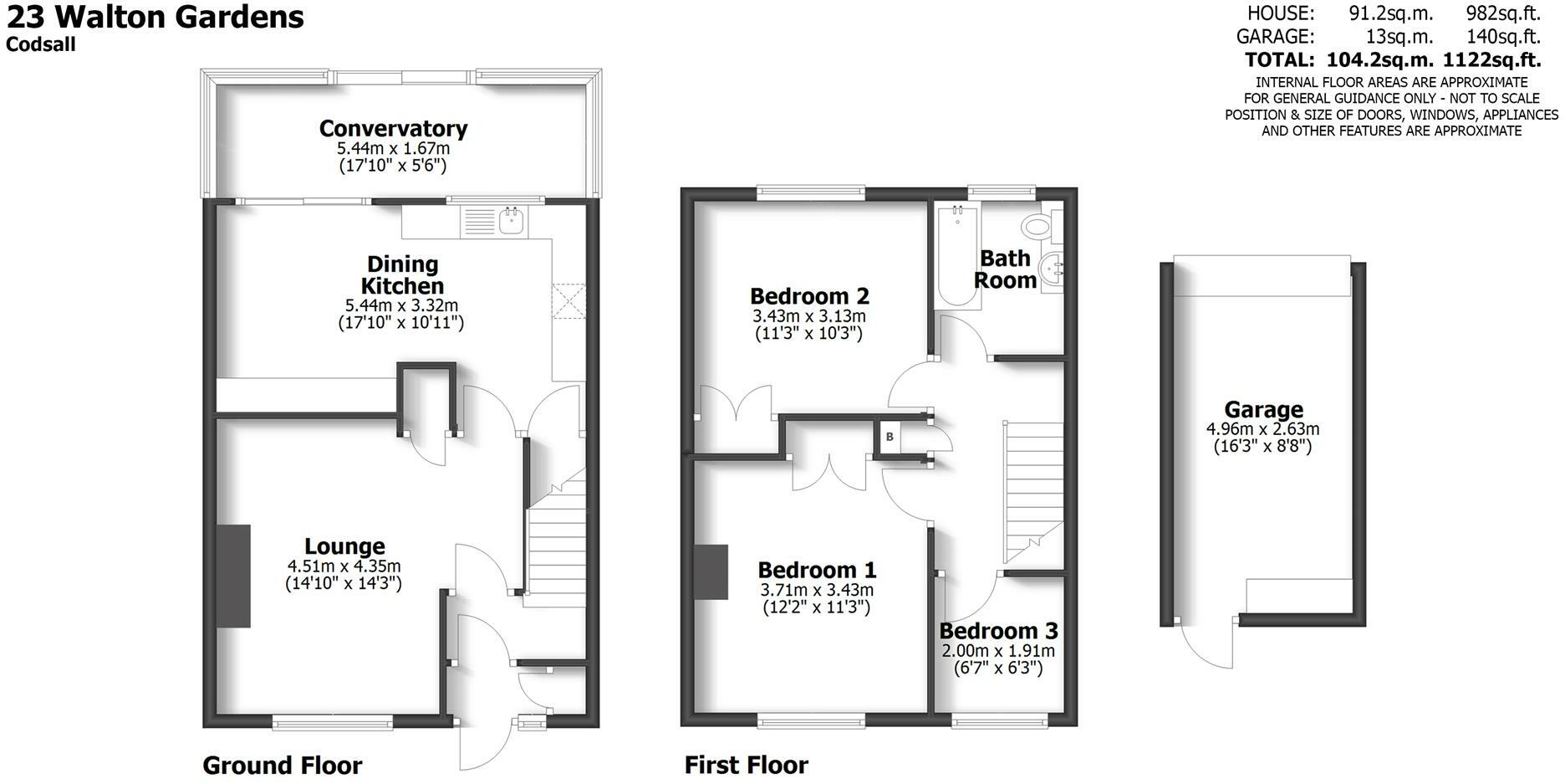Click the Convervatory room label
click(x=393, y=129)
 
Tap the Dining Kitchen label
click(x=402, y=275)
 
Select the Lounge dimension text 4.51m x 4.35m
click(x=344, y=566)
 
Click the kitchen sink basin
click(x=512, y=221)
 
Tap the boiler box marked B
click(x=890, y=437)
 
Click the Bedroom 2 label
click(x=809, y=296)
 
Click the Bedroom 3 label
click(x=998, y=631)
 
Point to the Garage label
click(x=1263, y=410)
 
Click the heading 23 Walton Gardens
click(x=155, y=17)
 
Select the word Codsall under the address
click(x=41, y=44)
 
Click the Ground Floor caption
click(x=283, y=766)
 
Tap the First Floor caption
click(x=747, y=766)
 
